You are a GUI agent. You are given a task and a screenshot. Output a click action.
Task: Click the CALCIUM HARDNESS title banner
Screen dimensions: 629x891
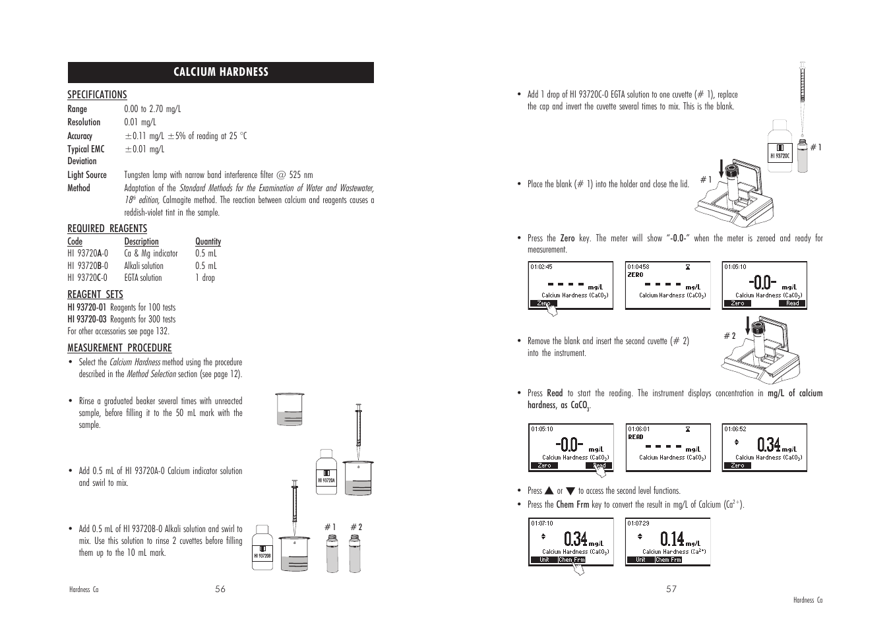point(220,72)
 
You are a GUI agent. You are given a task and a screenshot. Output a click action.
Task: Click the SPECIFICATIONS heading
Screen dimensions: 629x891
point(97,95)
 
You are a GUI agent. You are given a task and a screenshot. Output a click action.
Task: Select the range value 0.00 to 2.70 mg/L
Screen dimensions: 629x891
point(152,109)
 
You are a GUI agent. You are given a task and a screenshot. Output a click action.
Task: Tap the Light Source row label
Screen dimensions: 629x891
point(86,175)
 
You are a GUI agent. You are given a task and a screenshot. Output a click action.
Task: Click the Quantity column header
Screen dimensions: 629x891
point(208,242)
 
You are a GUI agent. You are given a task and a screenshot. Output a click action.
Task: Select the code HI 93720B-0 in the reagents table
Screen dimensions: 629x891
point(88,266)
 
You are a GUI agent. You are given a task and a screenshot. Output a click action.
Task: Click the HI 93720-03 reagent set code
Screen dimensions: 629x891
point(86,319)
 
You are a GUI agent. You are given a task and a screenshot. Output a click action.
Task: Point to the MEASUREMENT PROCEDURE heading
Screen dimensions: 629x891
point(119,348)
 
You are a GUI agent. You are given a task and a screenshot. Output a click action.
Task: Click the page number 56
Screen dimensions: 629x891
point(220,589)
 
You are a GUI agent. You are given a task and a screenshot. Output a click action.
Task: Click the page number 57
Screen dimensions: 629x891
point(671,589)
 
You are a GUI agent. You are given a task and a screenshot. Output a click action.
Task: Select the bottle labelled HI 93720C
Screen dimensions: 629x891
point(780,149)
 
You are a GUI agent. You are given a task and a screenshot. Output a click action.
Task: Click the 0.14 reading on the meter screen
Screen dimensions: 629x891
point(671,539)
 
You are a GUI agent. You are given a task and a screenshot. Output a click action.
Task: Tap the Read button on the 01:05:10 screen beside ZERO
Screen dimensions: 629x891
point(792,303)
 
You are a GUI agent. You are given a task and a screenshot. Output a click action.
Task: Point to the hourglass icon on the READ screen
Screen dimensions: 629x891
point(688,429)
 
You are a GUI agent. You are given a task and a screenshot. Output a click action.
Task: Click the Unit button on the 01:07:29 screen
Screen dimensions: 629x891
point(640,560)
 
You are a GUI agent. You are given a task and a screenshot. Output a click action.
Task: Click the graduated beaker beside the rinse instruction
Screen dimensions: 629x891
point(290,409)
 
